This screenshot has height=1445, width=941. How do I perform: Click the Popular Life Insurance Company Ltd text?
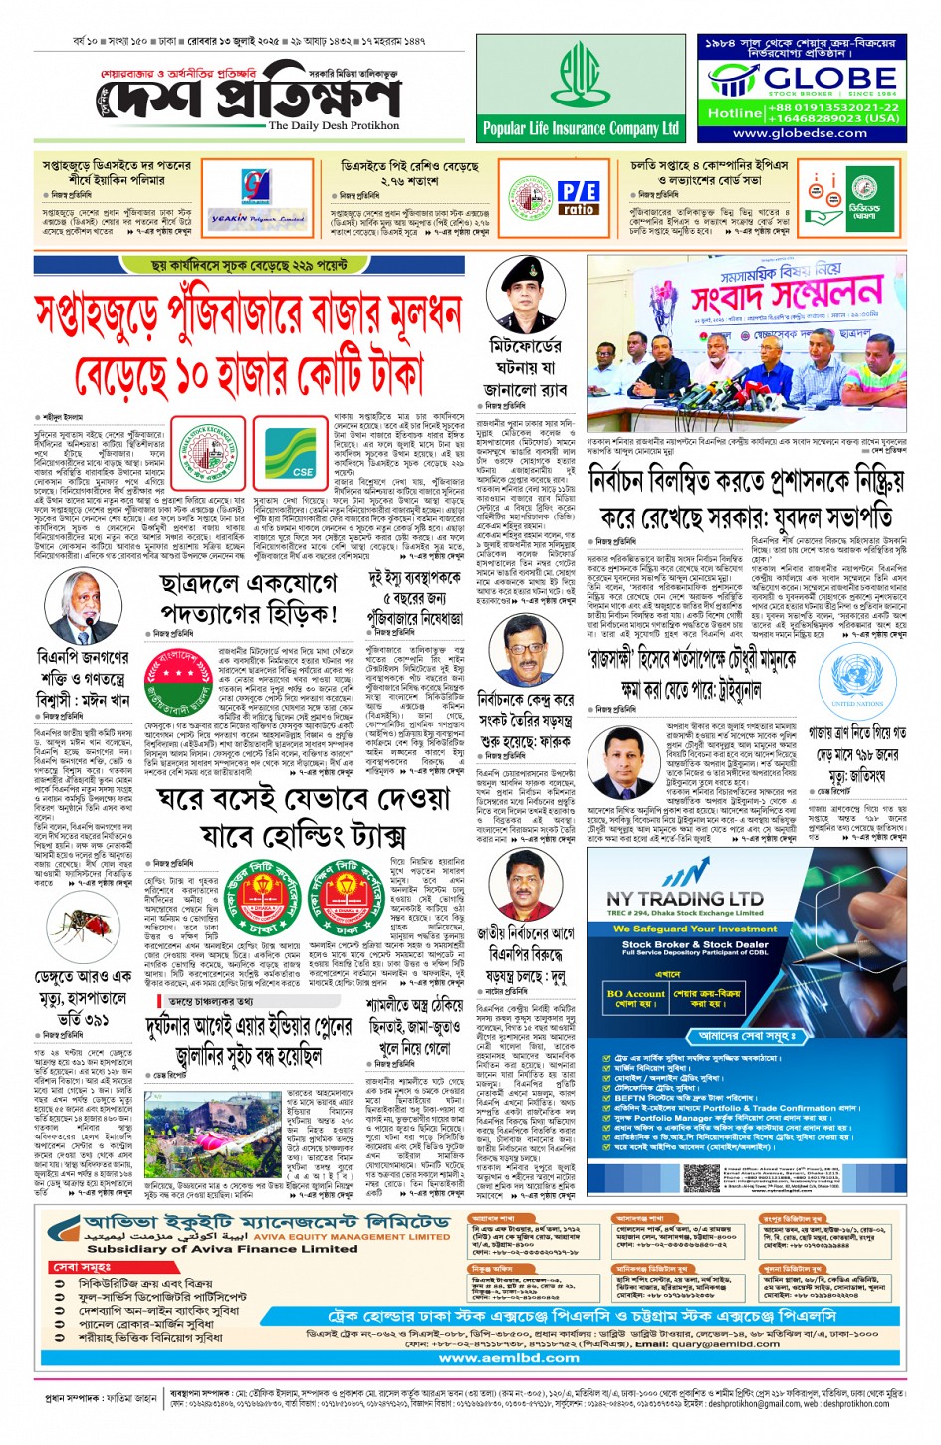click(581, 128)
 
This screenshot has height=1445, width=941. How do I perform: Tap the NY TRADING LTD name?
click(685, 898)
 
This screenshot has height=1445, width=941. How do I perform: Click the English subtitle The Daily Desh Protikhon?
click(334, 126)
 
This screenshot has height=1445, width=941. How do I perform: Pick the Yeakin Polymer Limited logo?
click(243, 218)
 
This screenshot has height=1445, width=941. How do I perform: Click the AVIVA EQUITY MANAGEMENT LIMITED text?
click(369, 1236)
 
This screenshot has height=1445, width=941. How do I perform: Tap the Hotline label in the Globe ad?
click(735, 113)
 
